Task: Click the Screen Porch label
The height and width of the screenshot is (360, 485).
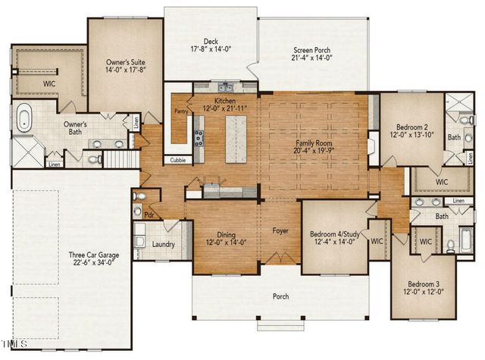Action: (x=311, y=51)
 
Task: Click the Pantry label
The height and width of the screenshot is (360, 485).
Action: (x=182, y=111)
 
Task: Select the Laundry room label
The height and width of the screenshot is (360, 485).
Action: (x=164, y=245)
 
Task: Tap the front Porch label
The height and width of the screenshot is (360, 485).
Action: (x=280, y=296)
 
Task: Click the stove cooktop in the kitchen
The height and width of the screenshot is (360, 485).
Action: (x=199, y=137)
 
